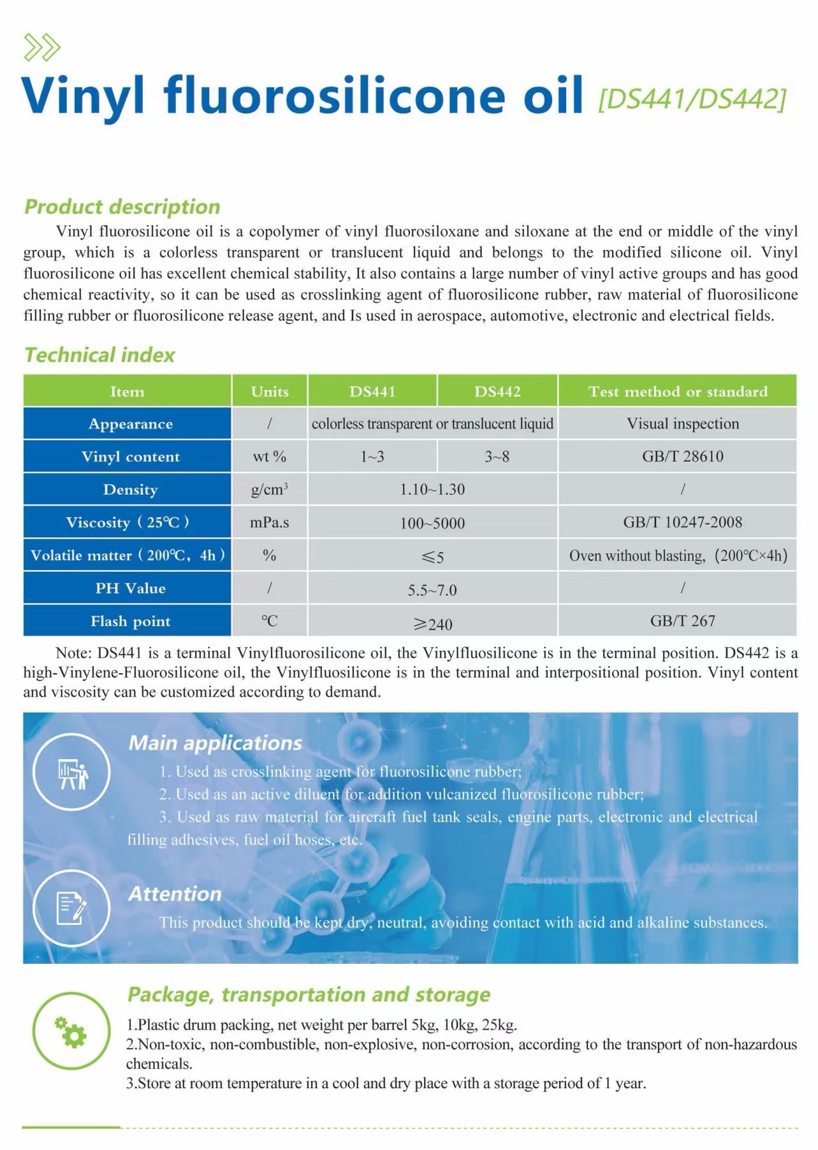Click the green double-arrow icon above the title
[41, 48]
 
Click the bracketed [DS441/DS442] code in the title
[691, 99]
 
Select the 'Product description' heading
[122, 207]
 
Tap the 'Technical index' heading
[99, 355]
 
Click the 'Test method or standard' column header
[677, 391]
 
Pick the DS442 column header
[497, 391]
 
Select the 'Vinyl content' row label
[130, 456]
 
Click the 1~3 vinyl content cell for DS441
[372, 456]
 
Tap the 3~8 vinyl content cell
[497, 456]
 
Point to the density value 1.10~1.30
[432, 490]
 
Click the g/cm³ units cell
[269, 490]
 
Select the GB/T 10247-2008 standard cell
[682, 523]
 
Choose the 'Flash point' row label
[130, 621]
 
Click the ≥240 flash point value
[432, 623]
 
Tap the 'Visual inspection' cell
[682, 424]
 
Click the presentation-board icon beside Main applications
[71, 772]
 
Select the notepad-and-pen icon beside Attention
[71, 908]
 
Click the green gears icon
[71, 1033]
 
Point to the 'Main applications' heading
[215, 743]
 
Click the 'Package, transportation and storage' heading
[309, 994]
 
